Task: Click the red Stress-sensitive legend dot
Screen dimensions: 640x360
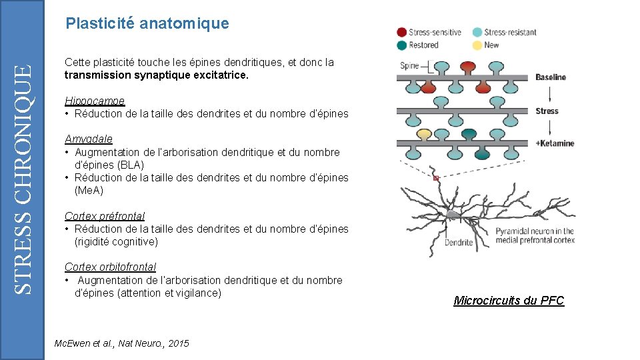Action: click(x=402, y=32)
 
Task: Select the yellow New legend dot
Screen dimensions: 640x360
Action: click(x=477, y=45)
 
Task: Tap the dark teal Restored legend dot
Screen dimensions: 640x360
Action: click(x=402, y=45)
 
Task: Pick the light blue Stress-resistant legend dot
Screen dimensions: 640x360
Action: click(x=477, y=32)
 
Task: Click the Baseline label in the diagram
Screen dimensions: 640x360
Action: click(x=550, y=77)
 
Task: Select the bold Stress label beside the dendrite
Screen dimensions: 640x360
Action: click(x=547, y=111)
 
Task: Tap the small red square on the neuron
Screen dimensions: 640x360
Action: click(x=436, y=179)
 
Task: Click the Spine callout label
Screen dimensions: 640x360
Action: click(x=409, y=65)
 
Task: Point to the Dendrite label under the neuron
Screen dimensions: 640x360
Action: click(x=459, y=242)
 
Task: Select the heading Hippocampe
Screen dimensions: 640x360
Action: click(x=95, y=101)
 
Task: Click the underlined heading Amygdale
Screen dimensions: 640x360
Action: click(x=89, y=139)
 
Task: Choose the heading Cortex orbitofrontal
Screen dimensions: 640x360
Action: click(x=110, y=267)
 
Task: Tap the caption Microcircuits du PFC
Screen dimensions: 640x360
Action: click(x=509, y=301)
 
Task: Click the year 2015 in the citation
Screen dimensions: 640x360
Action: click(x=179, y=343)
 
